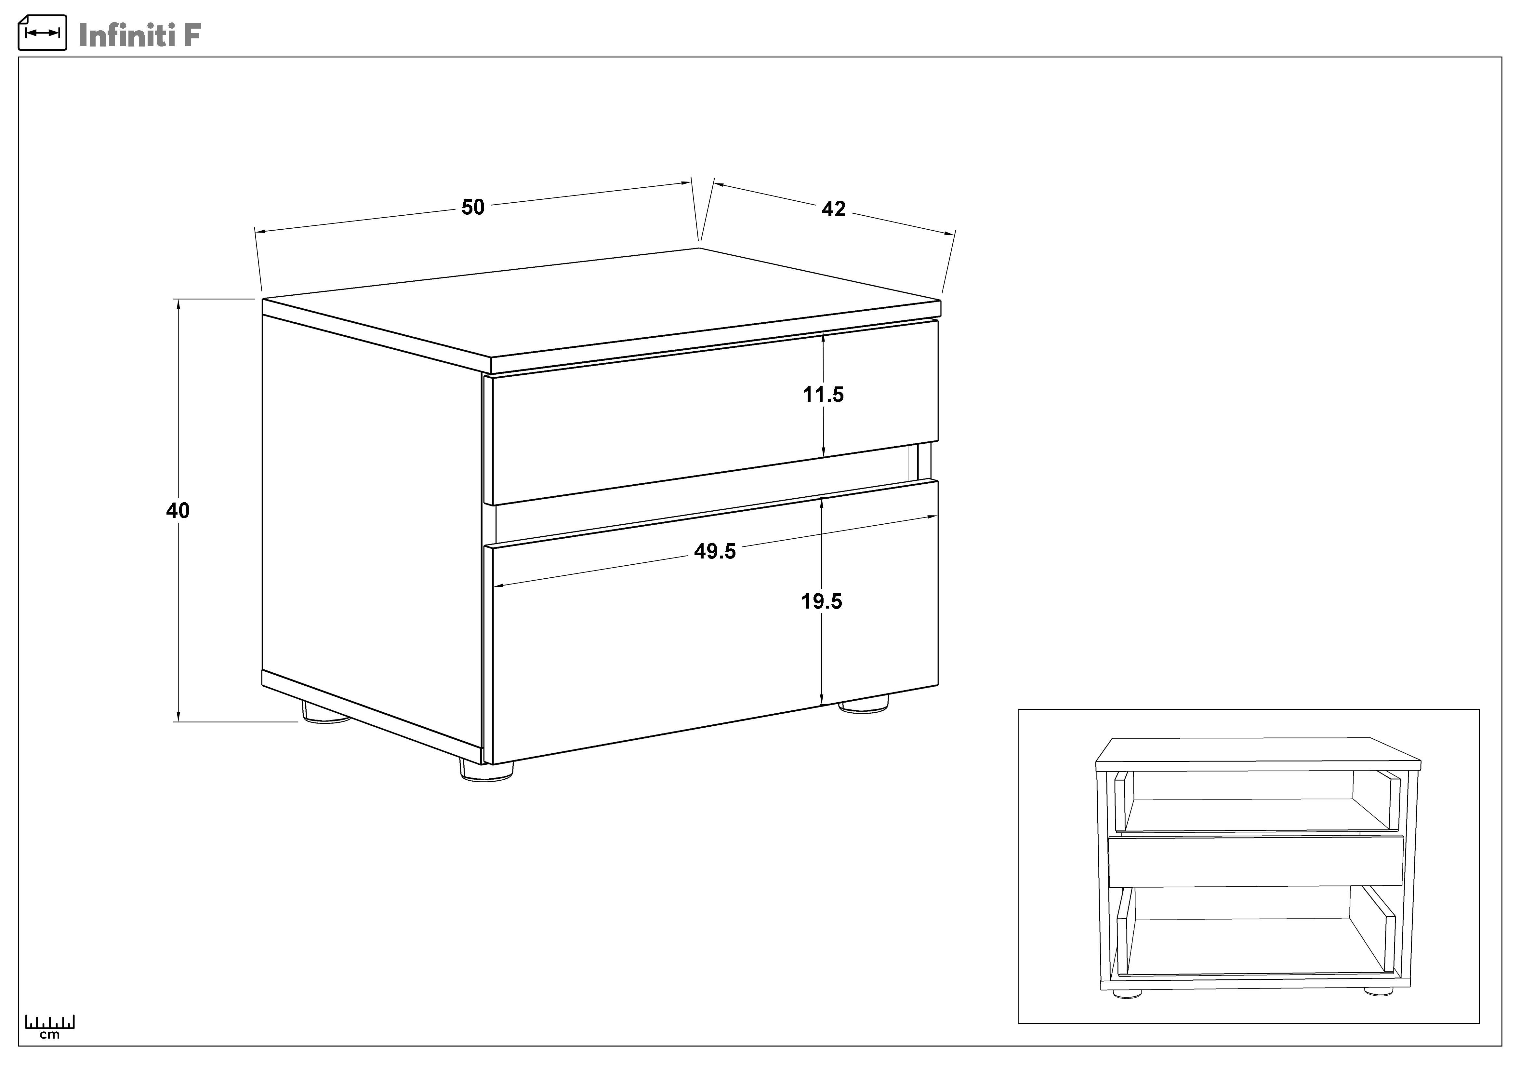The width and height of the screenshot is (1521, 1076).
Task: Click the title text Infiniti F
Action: coord(139,35)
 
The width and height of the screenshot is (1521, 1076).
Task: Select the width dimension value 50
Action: coord(473,208)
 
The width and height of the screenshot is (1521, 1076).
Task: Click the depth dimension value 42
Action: coord(833,209)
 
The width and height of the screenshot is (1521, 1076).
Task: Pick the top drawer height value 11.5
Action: coord(824,395)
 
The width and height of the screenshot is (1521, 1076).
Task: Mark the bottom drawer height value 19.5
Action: coord(821,602)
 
